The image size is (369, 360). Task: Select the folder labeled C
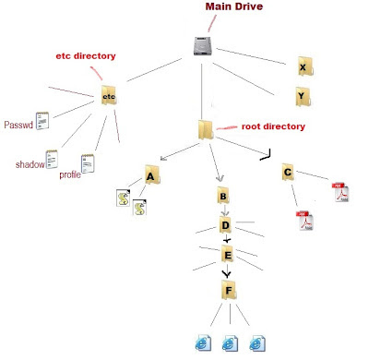pyautogui.click(x=289, y=173)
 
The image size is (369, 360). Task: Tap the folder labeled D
pyautogui.click(x=225, y=224)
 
